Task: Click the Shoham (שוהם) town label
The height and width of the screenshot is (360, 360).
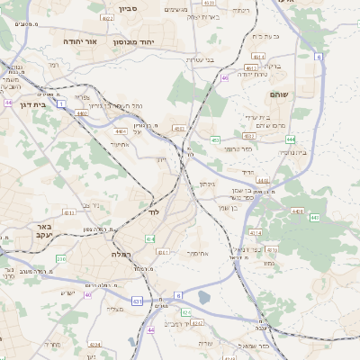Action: (277, 94)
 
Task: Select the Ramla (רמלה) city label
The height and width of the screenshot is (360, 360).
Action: (121, 255)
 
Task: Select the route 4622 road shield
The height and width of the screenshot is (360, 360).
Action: (108, 18)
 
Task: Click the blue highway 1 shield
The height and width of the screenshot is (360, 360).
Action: (61, 103)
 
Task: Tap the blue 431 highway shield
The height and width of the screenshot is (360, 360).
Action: (136, 301)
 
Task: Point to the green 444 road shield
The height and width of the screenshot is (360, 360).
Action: (290, 139)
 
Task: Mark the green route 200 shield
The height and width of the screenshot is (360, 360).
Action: (60, 258)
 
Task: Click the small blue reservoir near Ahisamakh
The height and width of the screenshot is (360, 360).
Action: (203, 298)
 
